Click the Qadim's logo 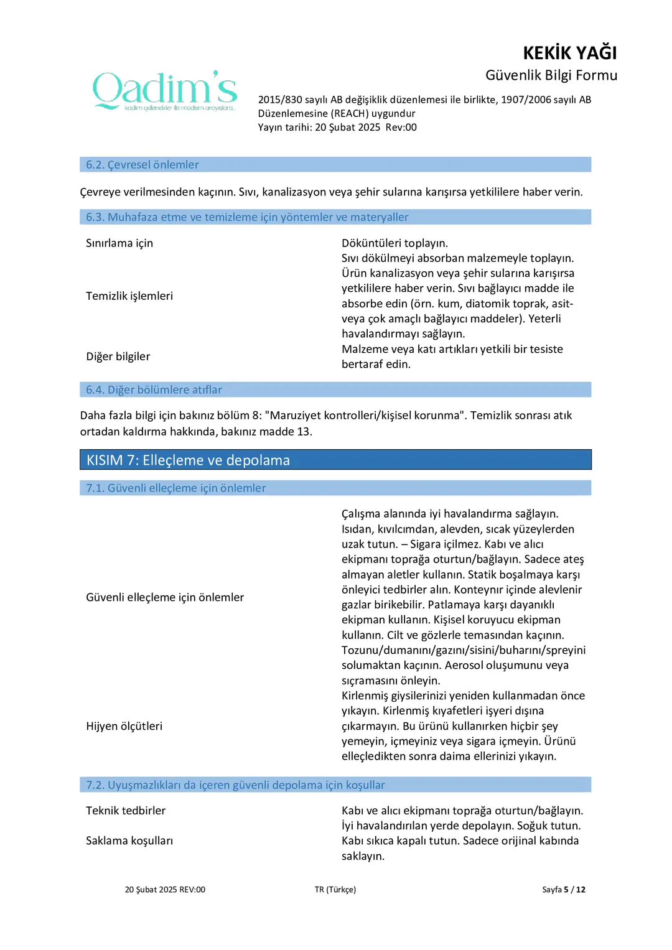pos(165,91)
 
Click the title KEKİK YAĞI pos(569,53)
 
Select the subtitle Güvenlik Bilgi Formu pos(551,75)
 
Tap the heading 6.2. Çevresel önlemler pos(142,165)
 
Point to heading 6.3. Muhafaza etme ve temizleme pos(247,217)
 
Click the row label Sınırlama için pos(119,243)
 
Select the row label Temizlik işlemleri pos(129,296)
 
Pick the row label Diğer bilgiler pos(118,356)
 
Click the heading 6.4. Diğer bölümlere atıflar pos(154,390)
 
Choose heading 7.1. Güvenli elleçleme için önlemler pos(176,488)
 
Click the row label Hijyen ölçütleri pos(124,726)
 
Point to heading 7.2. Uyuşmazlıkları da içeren pos(235,785)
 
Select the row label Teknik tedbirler pos(126,811)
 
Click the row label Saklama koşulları pos(129,841)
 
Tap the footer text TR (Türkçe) pos(335,890)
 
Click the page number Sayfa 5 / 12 pos(563,890)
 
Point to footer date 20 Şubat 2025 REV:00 pos(165,890)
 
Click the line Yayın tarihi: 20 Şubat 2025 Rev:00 pos(337,128)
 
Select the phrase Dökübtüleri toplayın pos(394,243)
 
